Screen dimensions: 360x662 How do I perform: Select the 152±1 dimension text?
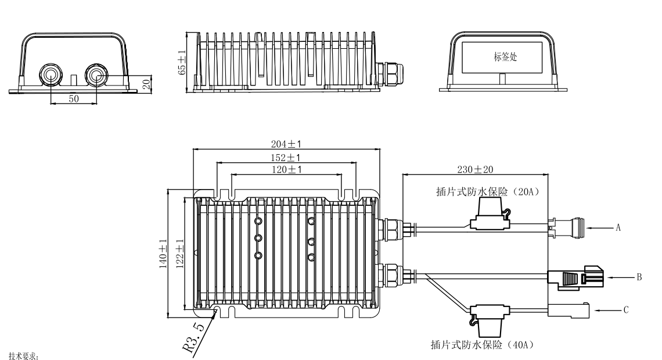(287, 158)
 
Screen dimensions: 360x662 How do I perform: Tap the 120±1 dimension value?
(287, 169)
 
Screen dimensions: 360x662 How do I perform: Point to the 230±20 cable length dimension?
(474, 169)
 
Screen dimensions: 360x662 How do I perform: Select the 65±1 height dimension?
(182, 62)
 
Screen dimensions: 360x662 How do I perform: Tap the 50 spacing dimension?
(74, 99)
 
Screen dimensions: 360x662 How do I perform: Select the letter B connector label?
(639, 277)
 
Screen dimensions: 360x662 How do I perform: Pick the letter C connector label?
(625, 310)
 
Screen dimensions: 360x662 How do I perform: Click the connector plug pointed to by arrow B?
(575, 277)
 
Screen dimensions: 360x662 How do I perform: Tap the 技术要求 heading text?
(24, 355)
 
